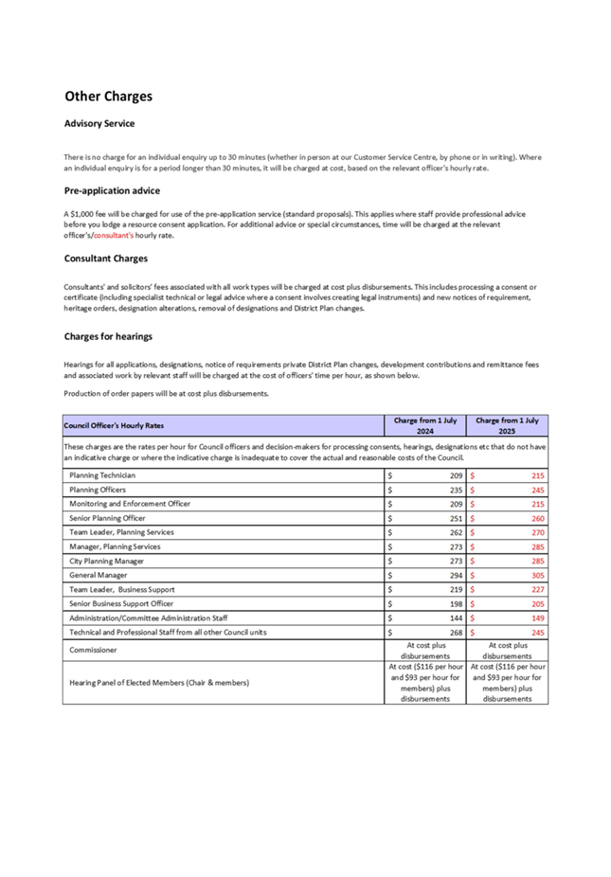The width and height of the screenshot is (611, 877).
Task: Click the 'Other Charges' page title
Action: click(108, 97)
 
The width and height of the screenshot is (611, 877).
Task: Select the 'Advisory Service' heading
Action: click(99, 123)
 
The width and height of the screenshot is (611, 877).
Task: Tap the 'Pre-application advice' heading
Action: click(112, 190)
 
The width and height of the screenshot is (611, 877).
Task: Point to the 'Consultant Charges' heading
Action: click(105, 258)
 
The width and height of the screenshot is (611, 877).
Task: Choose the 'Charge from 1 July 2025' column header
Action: click(507, 424)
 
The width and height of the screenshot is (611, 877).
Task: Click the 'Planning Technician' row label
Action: click(102, 474)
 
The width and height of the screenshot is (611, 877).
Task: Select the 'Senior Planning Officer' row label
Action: click(107, 518)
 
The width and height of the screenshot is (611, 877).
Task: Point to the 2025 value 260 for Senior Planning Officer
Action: click(537, 518)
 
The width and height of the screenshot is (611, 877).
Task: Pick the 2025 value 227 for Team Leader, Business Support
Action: click(537, 589)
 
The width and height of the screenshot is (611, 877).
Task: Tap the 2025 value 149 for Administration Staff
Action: click(537, 617)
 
